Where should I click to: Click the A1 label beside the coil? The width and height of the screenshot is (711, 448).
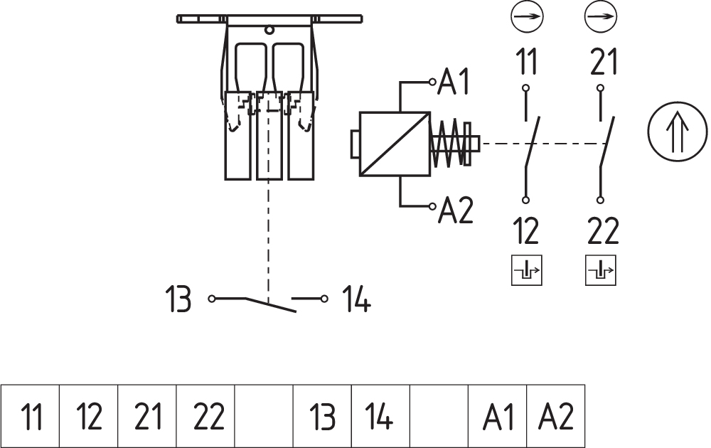tap(455, 82)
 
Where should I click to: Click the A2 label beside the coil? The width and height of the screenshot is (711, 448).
tap(456, 210)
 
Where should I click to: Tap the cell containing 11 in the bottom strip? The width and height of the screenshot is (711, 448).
tap(31, 416)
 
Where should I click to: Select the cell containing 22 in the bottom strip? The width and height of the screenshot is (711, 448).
tap(206, 416)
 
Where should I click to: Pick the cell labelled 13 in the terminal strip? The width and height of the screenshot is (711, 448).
tap(323, 416)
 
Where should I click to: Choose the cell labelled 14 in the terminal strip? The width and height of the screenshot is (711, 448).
tap(380, 416)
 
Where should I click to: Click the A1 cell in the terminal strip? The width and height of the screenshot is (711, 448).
tap(497, 416)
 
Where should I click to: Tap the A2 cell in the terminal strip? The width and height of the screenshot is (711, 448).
tap(556, 416)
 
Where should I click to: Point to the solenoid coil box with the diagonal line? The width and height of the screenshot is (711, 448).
tap(395, 144)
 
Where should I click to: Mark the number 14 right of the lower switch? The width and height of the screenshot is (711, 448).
tap(356, 300)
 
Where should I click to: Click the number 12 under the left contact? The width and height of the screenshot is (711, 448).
tap(527, 232)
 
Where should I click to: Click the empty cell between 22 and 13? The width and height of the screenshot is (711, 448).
tap(264, 416)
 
